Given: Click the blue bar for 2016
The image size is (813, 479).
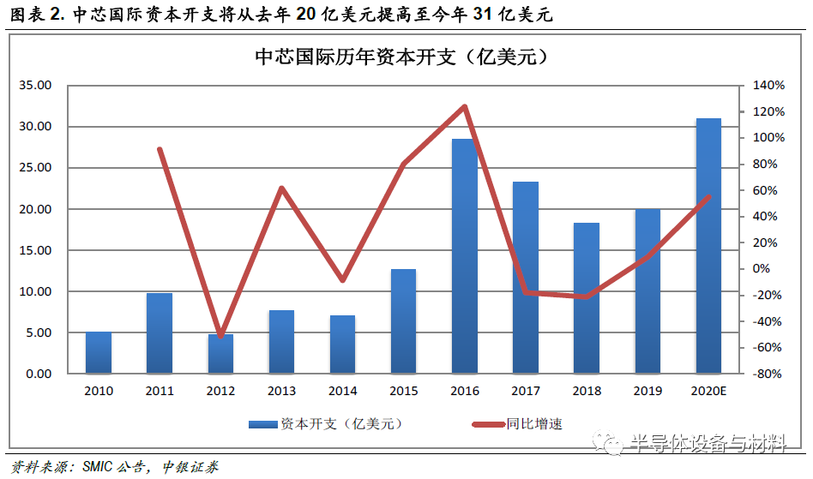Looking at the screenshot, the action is tap(465, 256).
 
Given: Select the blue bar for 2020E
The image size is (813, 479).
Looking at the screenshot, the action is tap(708, 246).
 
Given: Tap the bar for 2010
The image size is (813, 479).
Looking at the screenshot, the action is tap(99, 353).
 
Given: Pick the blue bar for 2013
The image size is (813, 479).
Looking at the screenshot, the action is tap(281, 342).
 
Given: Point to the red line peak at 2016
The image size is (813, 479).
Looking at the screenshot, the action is tap(465, 106).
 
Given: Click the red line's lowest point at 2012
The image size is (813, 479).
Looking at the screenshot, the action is tap(221, 336).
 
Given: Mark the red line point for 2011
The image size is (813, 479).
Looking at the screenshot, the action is tap(160, 150).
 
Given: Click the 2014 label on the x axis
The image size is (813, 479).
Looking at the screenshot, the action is tap(343, 391).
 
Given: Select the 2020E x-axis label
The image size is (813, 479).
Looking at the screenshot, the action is tap(708, 391).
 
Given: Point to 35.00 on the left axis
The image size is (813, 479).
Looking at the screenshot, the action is tap(35, 85).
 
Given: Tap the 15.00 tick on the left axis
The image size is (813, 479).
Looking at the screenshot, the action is tap(35, 250).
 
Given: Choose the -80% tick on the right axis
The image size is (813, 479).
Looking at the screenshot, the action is tap(768, 374).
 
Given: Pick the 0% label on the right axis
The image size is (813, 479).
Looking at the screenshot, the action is tap(762, 268).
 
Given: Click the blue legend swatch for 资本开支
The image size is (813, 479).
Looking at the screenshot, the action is tap(263, 425).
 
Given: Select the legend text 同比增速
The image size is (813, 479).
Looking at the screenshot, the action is tap(534, 424).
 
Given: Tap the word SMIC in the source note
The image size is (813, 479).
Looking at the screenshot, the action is tap(98, 466).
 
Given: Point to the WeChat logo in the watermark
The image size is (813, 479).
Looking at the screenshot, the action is tap(607, 441).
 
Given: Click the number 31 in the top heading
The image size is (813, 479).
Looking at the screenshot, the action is tap(483, 14).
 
